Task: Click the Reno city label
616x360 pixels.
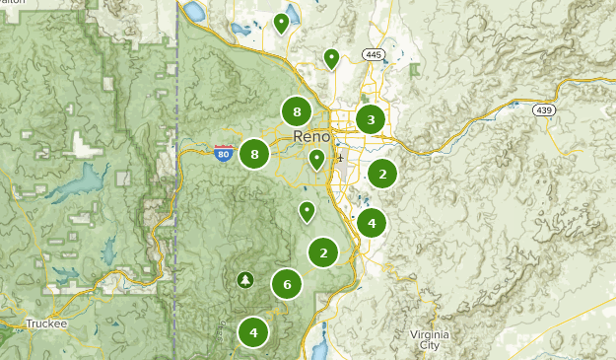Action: (x=311, y=136)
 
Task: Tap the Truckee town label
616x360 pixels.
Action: (x=45, y=323)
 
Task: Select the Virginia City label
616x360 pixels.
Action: (x=431, y=340)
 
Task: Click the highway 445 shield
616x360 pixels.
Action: (x=372, y=54)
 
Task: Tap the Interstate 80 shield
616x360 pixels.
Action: (x=224, y=153)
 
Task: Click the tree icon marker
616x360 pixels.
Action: (x=244, y=280)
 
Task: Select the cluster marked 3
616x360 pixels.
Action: (x=371, y=120)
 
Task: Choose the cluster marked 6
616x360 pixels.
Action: (x=287, y=285)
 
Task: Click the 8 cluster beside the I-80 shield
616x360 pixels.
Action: (x=254, y=154)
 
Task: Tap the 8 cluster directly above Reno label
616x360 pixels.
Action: (x=297, y=111)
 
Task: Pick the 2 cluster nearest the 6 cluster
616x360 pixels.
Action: (x=323, y=253)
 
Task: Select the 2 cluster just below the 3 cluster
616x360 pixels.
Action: (x=382, y=175)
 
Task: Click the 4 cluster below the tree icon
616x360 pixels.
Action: (x=253, y=332)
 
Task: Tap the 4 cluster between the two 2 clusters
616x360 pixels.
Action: (x=372, y=224)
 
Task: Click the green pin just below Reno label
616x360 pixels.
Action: (x=316, y=158)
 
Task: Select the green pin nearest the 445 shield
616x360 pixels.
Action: (x=332, y=58)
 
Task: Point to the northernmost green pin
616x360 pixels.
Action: (x=282, y=22)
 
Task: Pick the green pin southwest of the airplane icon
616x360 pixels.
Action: (x=308, y=210)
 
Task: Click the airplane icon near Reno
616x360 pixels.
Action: (x=340, y=157)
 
